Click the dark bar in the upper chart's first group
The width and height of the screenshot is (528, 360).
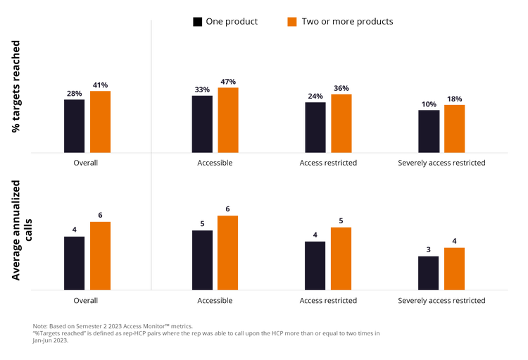74,125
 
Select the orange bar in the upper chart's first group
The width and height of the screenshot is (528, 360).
100,120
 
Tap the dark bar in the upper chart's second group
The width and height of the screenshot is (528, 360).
202,123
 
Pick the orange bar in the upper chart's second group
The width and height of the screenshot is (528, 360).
228,118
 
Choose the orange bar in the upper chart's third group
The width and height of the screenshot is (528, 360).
341,122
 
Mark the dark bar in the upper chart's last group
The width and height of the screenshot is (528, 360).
429,130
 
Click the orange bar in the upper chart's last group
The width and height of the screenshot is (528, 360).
454,128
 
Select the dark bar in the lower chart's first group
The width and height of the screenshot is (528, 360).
74,261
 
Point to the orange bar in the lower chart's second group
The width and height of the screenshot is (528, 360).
228,252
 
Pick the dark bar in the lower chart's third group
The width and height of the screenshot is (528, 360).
315,264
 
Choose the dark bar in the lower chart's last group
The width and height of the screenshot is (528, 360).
429,271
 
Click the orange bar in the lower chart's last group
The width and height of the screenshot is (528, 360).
454,267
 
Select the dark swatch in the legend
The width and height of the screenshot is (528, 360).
196,22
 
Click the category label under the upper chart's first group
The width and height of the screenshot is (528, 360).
87,162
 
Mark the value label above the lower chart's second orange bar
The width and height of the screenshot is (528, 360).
228,209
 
